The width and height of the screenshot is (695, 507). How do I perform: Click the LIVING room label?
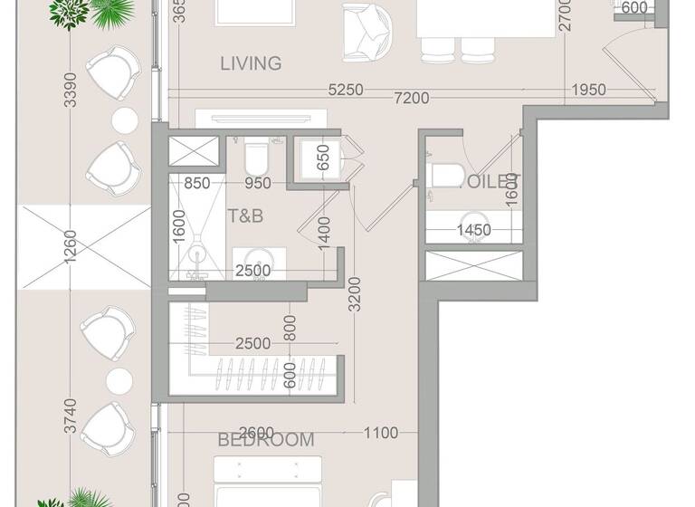coord(251,63)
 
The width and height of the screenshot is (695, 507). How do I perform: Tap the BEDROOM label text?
coord(266,441)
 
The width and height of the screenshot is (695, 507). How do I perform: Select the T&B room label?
coord(244,216)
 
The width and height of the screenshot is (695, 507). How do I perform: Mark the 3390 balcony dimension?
coord(71,91)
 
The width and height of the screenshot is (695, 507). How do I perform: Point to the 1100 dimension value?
coord(381,434)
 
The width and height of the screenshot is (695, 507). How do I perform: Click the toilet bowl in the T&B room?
coord(256,160)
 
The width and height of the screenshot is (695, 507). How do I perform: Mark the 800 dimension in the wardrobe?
coord(290,328)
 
